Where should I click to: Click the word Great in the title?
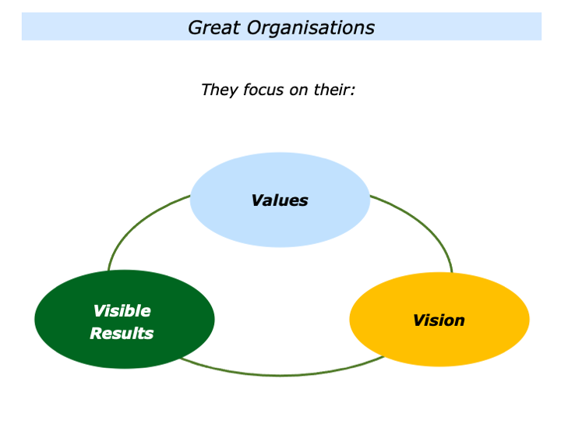pos(213,28)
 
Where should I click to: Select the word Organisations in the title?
pos(311,28)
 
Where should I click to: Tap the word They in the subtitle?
pos(218,90)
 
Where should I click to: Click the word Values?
pos(280,200)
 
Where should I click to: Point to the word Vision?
pos(439,320)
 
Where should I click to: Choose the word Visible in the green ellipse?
pos(122,311)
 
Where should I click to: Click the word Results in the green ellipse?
pos(122,334)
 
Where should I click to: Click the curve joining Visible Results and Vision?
pos(280,375)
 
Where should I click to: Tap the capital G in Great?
pos(195,28)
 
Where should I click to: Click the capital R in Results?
pos(95,334)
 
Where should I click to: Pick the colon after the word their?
pos(353,90)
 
